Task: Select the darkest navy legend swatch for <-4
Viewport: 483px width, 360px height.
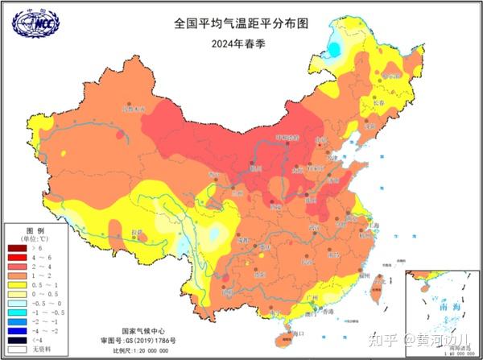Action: (x=18, y=341)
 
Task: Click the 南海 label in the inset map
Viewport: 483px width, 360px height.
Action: (x=441, y=307)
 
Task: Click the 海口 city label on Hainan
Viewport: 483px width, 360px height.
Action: (x=299, y=331)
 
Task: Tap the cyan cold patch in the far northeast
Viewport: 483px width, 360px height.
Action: (x=333, y=49)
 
